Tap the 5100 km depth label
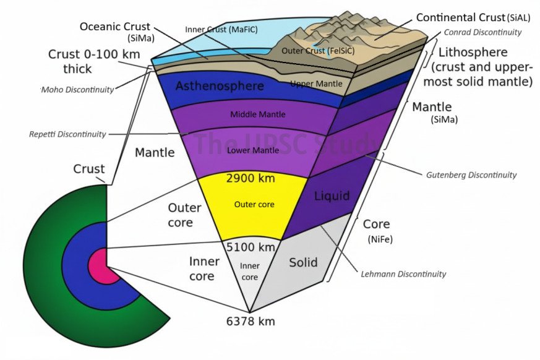[x=249, y=247]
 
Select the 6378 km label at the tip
[x=250, y=321]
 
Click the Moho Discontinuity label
[x=78, y=90]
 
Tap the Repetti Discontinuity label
[x=67, y=134]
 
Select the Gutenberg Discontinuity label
[x=471, y=175]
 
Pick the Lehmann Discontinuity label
[x=403, y=273]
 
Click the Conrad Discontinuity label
[x=482, y=32]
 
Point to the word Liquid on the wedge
[x=332, y=196]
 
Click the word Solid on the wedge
[x=303, y=262]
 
